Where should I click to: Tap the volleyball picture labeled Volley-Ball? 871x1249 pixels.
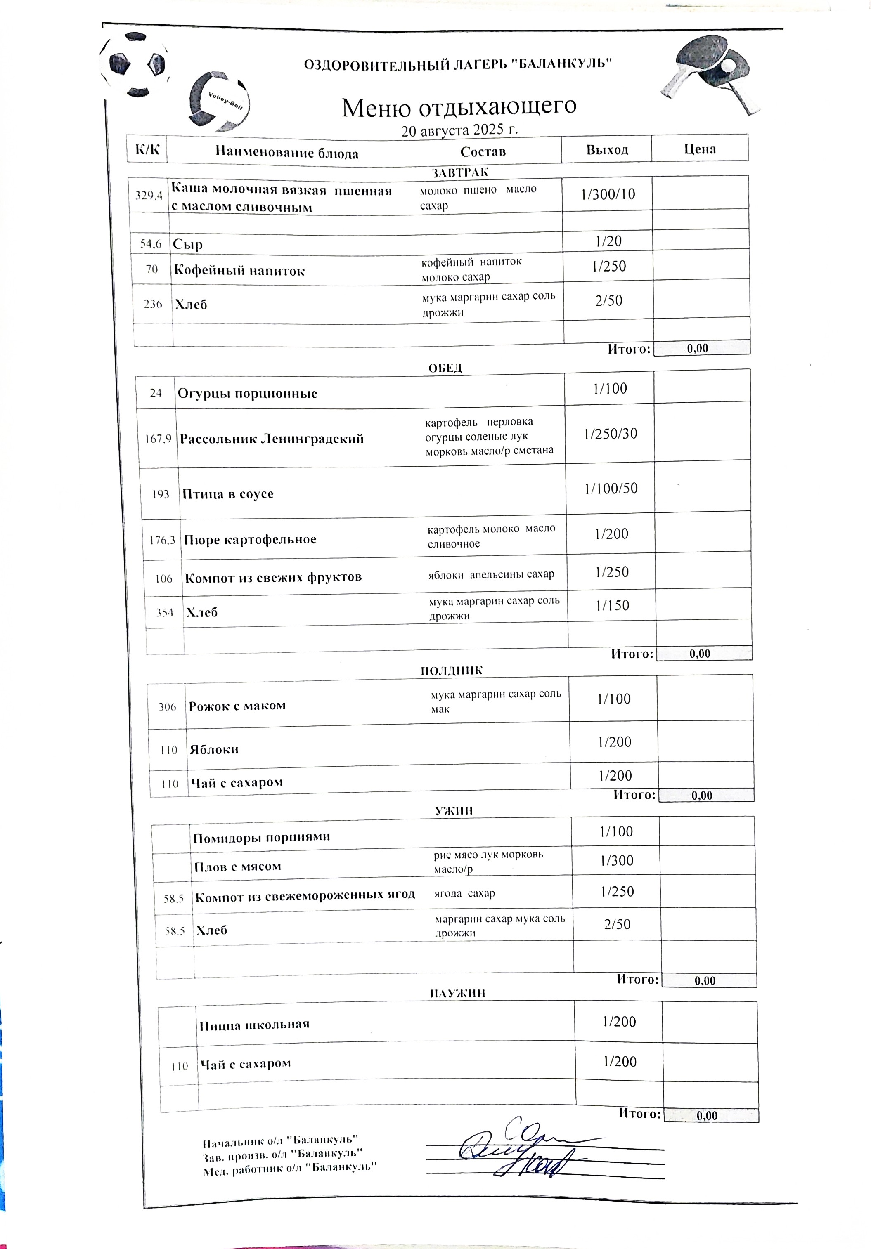pos(219,102)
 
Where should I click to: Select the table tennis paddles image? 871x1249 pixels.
pos(710,75)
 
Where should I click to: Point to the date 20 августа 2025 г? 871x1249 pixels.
pos(459,130)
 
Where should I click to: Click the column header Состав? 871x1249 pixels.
pos(483,151)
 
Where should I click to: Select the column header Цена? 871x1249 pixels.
pos(700,149)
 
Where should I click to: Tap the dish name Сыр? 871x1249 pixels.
pos(188,244)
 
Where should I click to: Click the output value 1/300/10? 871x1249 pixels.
pos(608,195)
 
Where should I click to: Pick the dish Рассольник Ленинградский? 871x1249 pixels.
pos(272,439)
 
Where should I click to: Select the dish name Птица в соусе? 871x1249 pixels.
pos(227,494)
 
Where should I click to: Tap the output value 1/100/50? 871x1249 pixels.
pos(611,489)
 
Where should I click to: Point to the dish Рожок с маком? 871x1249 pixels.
pos(237,706)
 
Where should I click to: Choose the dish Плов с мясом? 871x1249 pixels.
pos(238,867)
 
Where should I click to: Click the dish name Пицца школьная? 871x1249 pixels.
pos(254,1025)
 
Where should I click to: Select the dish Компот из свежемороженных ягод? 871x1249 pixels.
pos(305,895)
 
